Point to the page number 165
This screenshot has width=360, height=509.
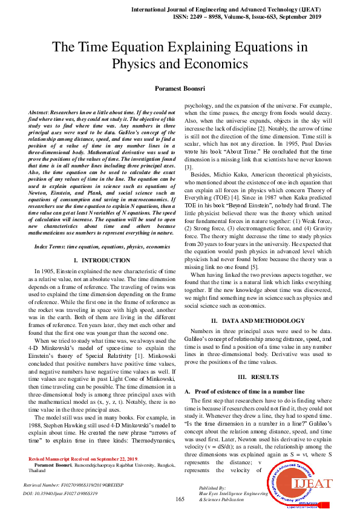(180, 499)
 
